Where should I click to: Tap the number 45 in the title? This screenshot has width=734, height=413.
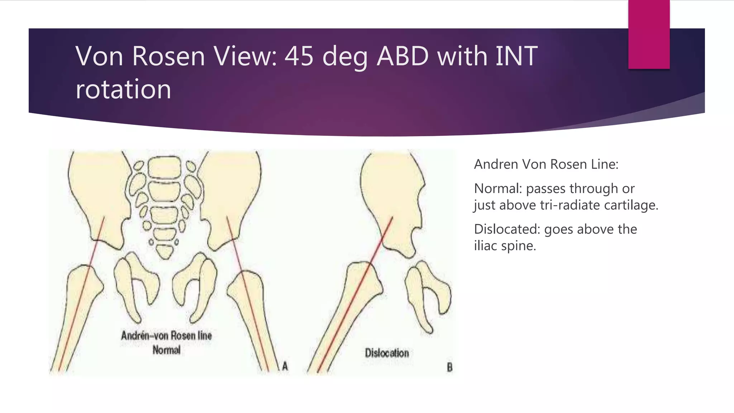pyautogui.click(x=299, y=56)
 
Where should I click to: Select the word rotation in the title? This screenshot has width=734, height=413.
pyautogui.click(x=123, y=89)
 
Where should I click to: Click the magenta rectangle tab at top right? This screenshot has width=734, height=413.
pyautogui.click(x=649, y=34)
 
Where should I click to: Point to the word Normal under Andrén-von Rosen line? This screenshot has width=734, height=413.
pyautogui.click(x=167, y=350)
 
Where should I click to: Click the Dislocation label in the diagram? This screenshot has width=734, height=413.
pyautogui.click(x=387, y=353)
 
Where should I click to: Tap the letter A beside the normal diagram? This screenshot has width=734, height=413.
pyautogui.click(x=285, y=366)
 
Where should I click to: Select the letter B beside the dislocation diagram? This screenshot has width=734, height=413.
pyautogui.click(x=450, y=367)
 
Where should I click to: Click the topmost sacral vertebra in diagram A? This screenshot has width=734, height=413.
pyautogui.click(x=165, y=167)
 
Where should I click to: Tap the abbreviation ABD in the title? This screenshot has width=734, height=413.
pyautogui.click(x=402, y=56)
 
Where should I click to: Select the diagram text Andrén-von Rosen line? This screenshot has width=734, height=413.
pyautogui.click(x=167, y=336)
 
